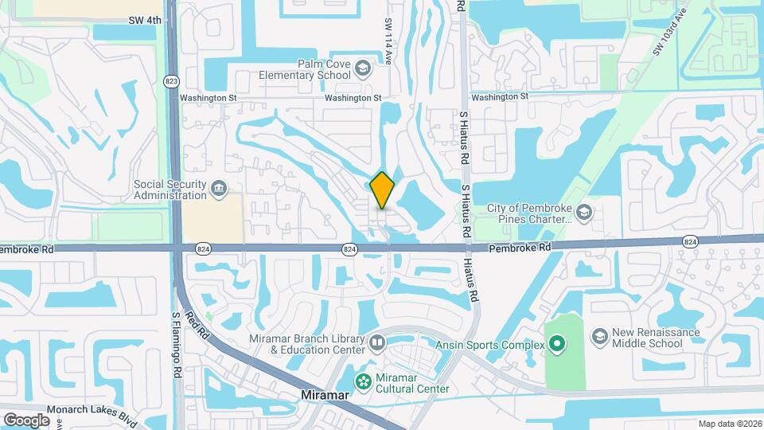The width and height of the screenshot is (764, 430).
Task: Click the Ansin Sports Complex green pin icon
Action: pos(557,345)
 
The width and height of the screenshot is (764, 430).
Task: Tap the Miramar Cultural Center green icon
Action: pos(364,381)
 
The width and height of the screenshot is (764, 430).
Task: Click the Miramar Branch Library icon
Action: pos(376,343)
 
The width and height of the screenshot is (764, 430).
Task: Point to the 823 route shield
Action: pos(171,81)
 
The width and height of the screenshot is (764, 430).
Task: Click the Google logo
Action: pos(26,420)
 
